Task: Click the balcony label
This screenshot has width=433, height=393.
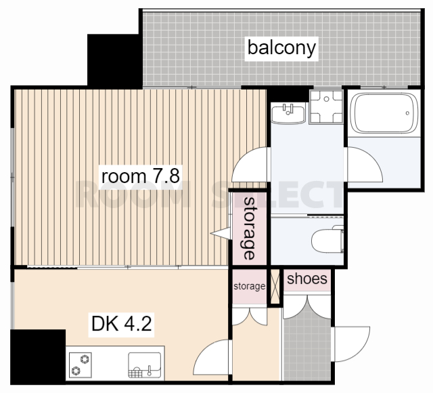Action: [281, 49]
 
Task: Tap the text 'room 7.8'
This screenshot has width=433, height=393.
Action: [141, 176]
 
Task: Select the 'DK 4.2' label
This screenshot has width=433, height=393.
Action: [121, 324]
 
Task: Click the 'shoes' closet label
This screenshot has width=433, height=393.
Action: [307, 278]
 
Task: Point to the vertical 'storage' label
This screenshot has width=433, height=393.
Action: [249, 228]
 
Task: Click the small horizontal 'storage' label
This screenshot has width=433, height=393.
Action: [250, 287]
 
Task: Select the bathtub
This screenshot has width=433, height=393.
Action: [384, 113]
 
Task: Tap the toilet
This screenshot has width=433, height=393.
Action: [327, 239]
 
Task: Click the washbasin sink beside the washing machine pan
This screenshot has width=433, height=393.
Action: [288, 113]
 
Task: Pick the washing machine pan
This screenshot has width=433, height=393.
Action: [326, 106]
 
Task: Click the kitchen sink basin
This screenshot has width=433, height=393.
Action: [144, 365]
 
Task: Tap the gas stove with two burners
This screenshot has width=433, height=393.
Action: [80, 365]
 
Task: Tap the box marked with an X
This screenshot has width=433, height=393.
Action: [275, 287]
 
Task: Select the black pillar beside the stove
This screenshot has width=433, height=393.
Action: [38, 357]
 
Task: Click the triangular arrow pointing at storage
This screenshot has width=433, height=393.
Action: [221, 233]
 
